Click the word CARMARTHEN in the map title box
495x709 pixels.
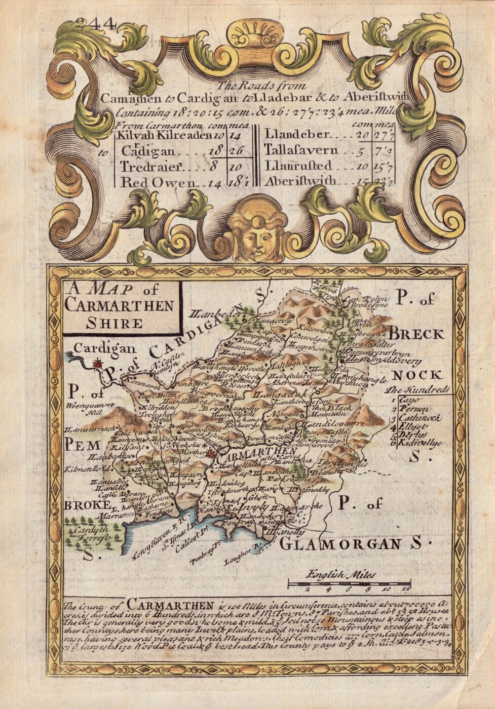120,306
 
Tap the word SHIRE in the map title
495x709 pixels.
114,323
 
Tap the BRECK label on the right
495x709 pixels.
416,334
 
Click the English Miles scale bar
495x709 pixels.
349,584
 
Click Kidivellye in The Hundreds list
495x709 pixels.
420,442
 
